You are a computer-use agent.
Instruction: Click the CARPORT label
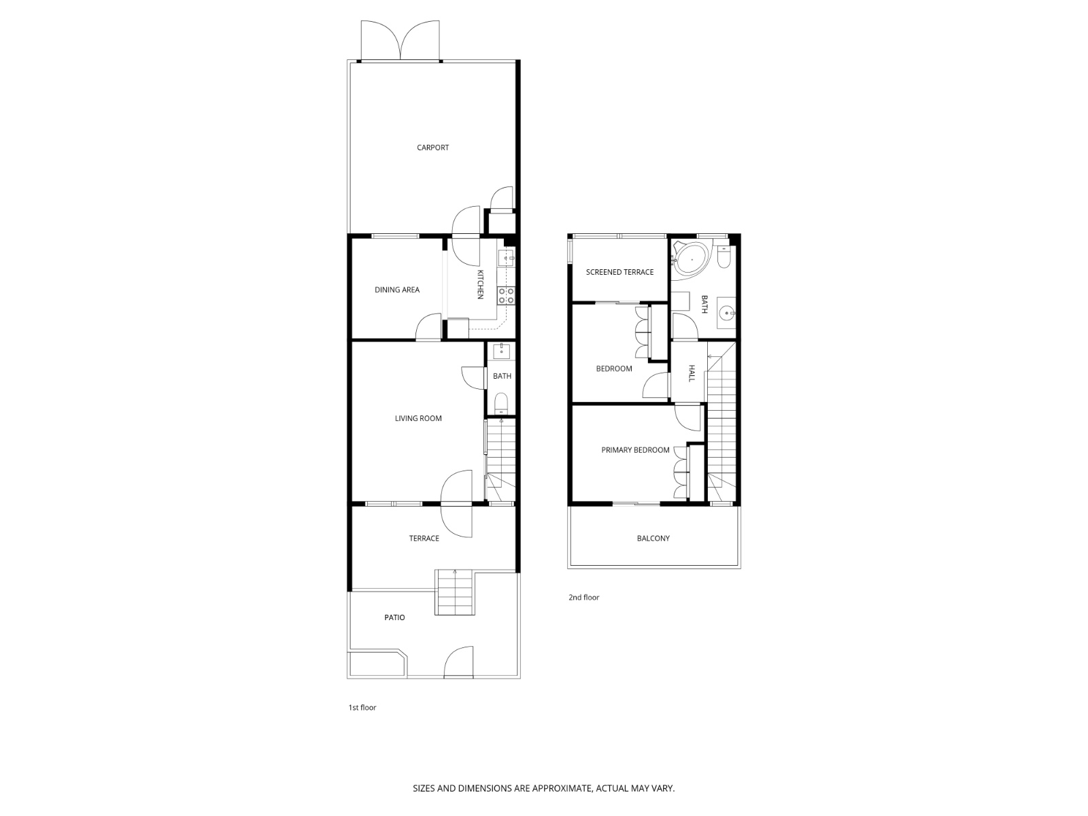coord(432,148)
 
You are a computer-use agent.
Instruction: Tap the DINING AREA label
coord(396,290)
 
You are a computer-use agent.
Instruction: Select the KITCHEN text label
coord(479,284)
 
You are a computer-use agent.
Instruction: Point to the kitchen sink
coord(506,258)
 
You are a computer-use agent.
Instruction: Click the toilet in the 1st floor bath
coord(501,403)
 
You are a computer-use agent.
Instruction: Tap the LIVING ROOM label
coord(418,418)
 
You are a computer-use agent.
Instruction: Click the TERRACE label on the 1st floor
coord(424,539)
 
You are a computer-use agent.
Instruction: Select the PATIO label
coord(394,617)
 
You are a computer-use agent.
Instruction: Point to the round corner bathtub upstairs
coord(692,259)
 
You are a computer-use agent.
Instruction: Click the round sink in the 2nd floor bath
coord(727,313)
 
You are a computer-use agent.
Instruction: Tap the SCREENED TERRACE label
coord(619,272)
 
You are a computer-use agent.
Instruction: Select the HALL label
coord(692,373)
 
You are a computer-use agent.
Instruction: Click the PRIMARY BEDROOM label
coord(635,450)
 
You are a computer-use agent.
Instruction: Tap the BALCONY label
coord(653,539)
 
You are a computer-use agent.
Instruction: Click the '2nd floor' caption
coord(583,598)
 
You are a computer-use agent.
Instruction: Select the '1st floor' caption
coord(362,708)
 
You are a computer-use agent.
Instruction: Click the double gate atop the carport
coord(401,41)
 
